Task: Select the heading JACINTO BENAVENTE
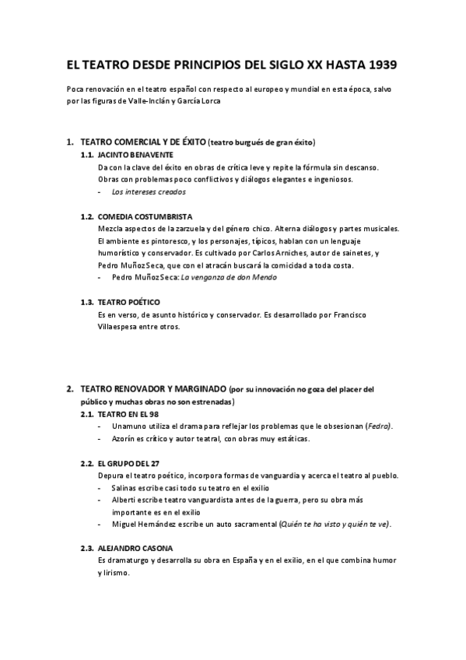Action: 136,155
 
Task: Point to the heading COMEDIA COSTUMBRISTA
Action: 145,216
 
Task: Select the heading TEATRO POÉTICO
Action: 129,302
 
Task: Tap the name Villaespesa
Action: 123,327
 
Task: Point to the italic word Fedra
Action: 379,427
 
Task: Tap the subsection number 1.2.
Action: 87,216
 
